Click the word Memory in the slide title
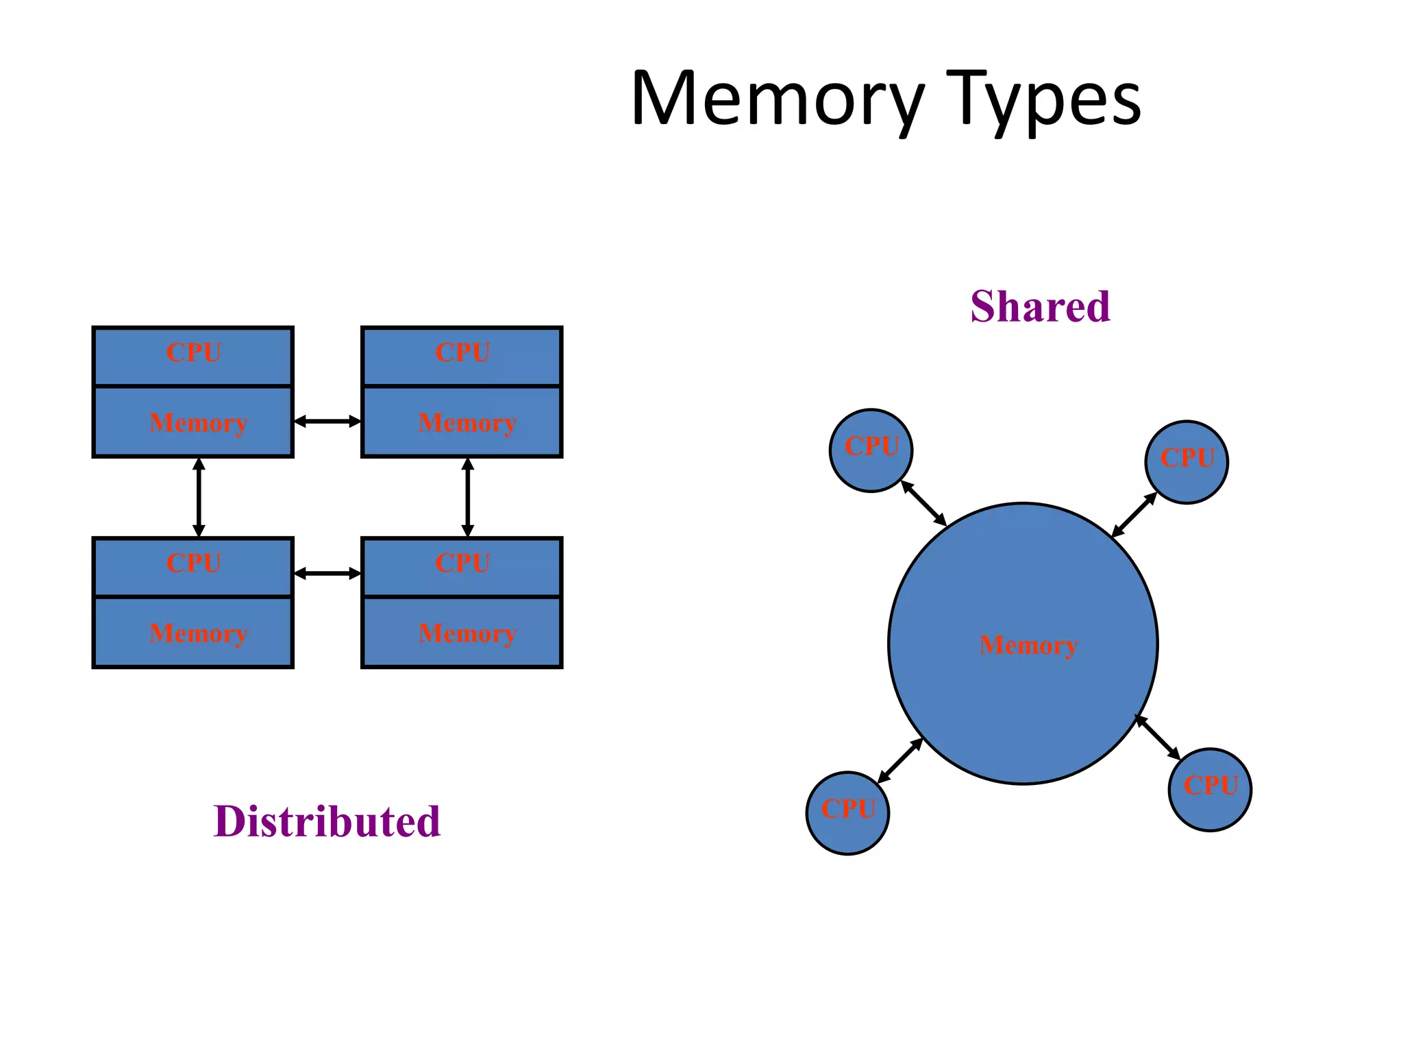pyautogui.click(x=778, y=99)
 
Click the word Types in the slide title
pyautogui.click(x=1045, y=99)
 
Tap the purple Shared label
pyautogui.click(x=1040, y=306)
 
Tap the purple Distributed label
pyautogui.click(x=327, y=821)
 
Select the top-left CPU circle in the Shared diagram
pyautogui.click(x=871, y=450)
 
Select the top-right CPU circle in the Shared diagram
pyautogui.click(x=1187, y=462)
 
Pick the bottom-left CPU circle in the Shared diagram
pyautogui.click(x=847, y=813)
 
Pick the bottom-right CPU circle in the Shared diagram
pyautogui.click(x=1210, y=790)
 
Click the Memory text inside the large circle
pyautogui.click(x=1028, y=645)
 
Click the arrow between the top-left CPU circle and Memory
pyautogui.click(x=923, y=503)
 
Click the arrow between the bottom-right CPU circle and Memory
pyautogui.click(x=1158, y=737)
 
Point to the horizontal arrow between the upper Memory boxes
pyautogui.click(x=327, y=421)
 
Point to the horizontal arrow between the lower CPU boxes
pyautogui.click(x=327, y=573)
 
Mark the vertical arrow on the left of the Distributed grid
pyautogui.click(x=199, y=498)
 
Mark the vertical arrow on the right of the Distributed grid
pyautogui.click(x=468, y=498)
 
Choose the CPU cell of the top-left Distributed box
pyautogui.click(x=193, y=356)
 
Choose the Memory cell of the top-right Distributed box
pyautogui.click(x=462, y=422)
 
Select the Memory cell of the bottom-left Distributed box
pyautogui.click(x=193, y=632)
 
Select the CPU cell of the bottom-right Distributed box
pyautogui.click(x=462, y=567)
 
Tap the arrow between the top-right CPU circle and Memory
pyautogui.click(x=1134, y=515)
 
